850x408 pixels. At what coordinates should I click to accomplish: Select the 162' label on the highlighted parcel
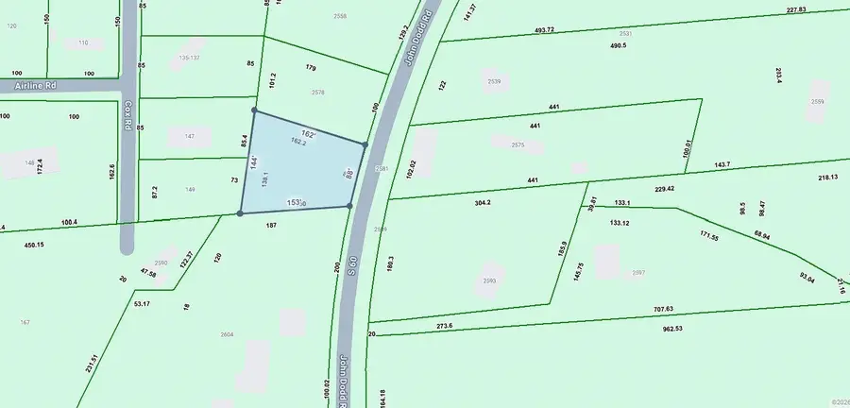307,133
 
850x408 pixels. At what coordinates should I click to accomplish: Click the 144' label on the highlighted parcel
253,161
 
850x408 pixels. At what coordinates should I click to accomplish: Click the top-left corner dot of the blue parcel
254,110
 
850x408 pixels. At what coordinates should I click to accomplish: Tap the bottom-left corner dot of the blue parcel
240,213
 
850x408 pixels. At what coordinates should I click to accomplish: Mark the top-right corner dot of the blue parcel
365,144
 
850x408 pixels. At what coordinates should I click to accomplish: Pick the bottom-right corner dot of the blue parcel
350,206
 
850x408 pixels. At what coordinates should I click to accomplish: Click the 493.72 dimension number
544,30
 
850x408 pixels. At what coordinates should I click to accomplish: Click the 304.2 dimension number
482,202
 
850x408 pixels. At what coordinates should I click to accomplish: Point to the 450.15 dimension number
33,245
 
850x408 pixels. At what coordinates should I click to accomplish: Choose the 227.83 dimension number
796,9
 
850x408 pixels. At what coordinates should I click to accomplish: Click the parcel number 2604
227,334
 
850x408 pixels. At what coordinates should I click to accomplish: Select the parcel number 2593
489,280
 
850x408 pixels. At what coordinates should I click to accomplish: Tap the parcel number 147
189,137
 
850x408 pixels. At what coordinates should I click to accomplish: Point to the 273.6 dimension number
445,326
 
